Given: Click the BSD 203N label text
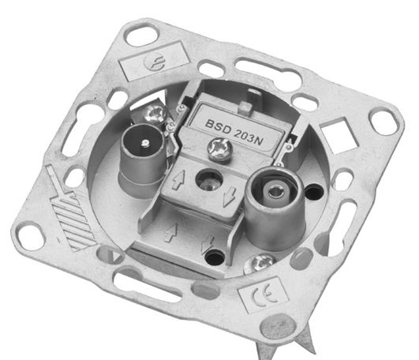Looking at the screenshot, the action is [x=234, y=133].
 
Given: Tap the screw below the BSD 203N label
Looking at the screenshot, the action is [x=219, y=150].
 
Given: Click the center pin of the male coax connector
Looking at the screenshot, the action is [x=145, y=143].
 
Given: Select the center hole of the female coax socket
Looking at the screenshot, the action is [x=274, y=191].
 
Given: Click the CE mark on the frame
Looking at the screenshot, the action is [x=264, y=295].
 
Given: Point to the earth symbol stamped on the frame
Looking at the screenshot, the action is [x=153, y=62].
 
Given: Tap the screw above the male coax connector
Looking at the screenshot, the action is [x=155, y=114].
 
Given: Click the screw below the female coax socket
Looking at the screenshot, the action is [x=260, y=263].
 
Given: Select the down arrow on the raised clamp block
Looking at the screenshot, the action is [x=229, y=196].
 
